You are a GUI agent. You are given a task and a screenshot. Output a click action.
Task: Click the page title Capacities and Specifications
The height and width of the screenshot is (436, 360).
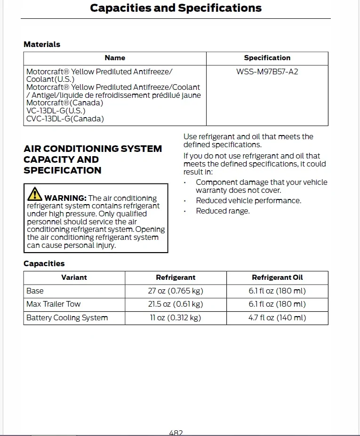coord(176,8)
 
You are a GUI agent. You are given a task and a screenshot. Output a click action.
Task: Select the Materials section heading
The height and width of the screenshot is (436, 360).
coord(42,44)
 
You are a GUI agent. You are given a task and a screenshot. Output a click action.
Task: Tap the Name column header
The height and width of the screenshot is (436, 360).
coord(115,58)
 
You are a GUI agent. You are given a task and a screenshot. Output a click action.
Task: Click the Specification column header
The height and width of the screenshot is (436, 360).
coord(267,58)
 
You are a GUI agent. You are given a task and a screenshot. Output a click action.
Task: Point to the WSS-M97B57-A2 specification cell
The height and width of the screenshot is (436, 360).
coord(267,71)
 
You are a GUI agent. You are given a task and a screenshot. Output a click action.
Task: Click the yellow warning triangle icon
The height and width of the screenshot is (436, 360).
coord(35,194)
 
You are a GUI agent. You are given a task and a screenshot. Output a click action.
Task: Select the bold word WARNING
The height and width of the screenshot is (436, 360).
coord(65,198)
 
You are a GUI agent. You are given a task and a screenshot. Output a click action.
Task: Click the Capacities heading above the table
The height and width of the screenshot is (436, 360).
coord(44,263)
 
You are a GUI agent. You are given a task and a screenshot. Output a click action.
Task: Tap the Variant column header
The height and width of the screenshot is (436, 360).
coord(74,277)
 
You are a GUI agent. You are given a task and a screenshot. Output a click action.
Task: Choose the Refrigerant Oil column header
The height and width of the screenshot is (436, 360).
coord(277,277)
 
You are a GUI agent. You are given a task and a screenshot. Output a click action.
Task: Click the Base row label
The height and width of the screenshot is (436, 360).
coord(35,291)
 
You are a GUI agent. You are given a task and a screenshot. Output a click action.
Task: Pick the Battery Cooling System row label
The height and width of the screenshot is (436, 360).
coord(67,317)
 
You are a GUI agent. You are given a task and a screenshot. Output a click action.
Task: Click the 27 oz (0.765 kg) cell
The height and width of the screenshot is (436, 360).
coord(176,291)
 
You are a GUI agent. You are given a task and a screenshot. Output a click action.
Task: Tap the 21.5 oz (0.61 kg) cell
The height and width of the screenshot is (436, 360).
coord(176,304)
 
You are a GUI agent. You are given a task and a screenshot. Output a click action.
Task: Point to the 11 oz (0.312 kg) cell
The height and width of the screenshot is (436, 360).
coord(176,317)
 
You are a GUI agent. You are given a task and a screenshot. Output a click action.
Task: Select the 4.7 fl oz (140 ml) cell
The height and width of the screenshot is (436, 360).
coord(277,317)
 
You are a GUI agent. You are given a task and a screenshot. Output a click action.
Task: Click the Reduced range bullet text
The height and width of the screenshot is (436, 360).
coord(223,211)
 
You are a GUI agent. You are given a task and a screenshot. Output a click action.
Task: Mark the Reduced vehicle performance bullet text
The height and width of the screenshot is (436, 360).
coord(248,200)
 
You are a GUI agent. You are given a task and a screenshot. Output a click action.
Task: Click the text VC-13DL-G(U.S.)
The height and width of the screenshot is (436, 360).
coord(56,111)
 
